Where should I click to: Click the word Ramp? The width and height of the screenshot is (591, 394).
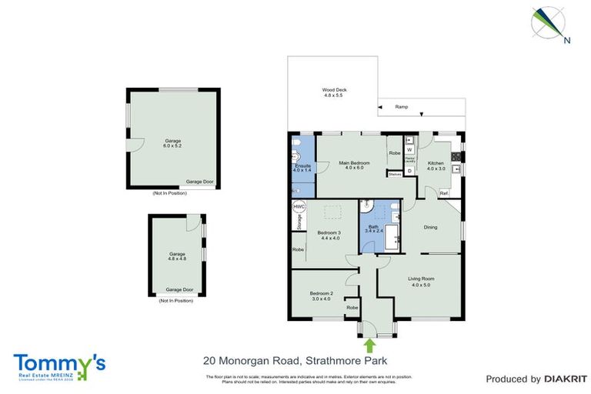[402, 107]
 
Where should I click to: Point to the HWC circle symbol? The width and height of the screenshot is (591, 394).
[299, 207]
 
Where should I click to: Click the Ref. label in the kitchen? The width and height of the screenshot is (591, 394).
[443, 192]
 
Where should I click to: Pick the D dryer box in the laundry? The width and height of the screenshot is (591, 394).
[409, 170]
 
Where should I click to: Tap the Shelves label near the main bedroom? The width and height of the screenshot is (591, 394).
[395, 175]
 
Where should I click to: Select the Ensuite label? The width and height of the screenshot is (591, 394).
[302, 165]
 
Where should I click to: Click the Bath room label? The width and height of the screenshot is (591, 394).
[373, 227]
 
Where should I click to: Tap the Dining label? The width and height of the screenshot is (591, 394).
[431, 227]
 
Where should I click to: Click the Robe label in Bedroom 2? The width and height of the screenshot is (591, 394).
[352, 308]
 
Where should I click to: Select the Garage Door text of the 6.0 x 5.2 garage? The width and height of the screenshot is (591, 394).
[199, 182]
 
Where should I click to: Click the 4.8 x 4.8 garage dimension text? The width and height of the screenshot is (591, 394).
[178, 259]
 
